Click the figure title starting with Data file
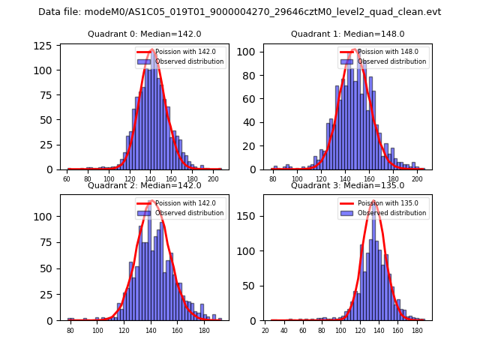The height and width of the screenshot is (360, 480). click(240, 12)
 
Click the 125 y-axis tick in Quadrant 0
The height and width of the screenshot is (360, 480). click(47, 46)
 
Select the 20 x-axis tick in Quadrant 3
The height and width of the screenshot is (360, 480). click(265, 330)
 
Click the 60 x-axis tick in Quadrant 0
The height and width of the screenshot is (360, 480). click(67, 179)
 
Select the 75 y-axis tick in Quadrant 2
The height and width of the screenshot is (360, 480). click(49, 243)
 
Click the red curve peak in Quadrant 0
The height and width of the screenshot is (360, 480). click(151, 50)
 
